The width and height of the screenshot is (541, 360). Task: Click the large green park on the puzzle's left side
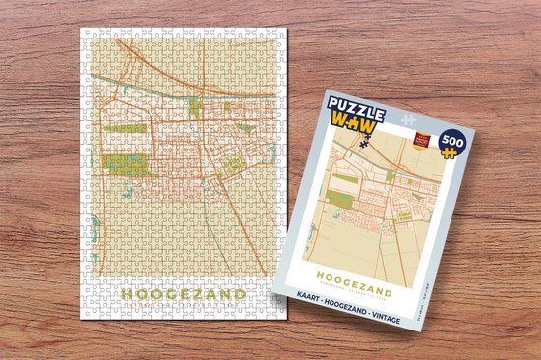(x=124, y=163)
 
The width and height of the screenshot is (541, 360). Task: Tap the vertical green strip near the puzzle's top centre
(x=195, y=107)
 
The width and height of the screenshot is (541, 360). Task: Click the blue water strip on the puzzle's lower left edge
(x=95, y=232)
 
